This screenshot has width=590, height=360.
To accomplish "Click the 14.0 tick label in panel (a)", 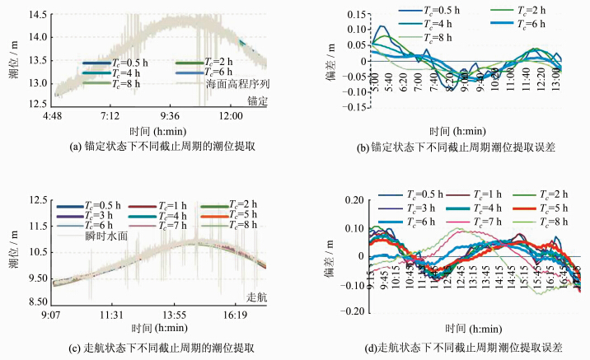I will (x=35, y=38).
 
